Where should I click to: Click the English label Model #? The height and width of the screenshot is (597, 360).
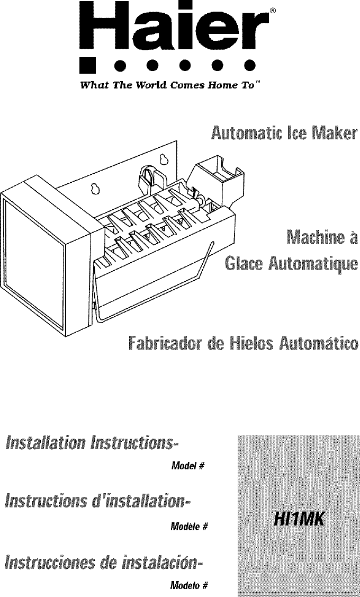click(x=188, y=466)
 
